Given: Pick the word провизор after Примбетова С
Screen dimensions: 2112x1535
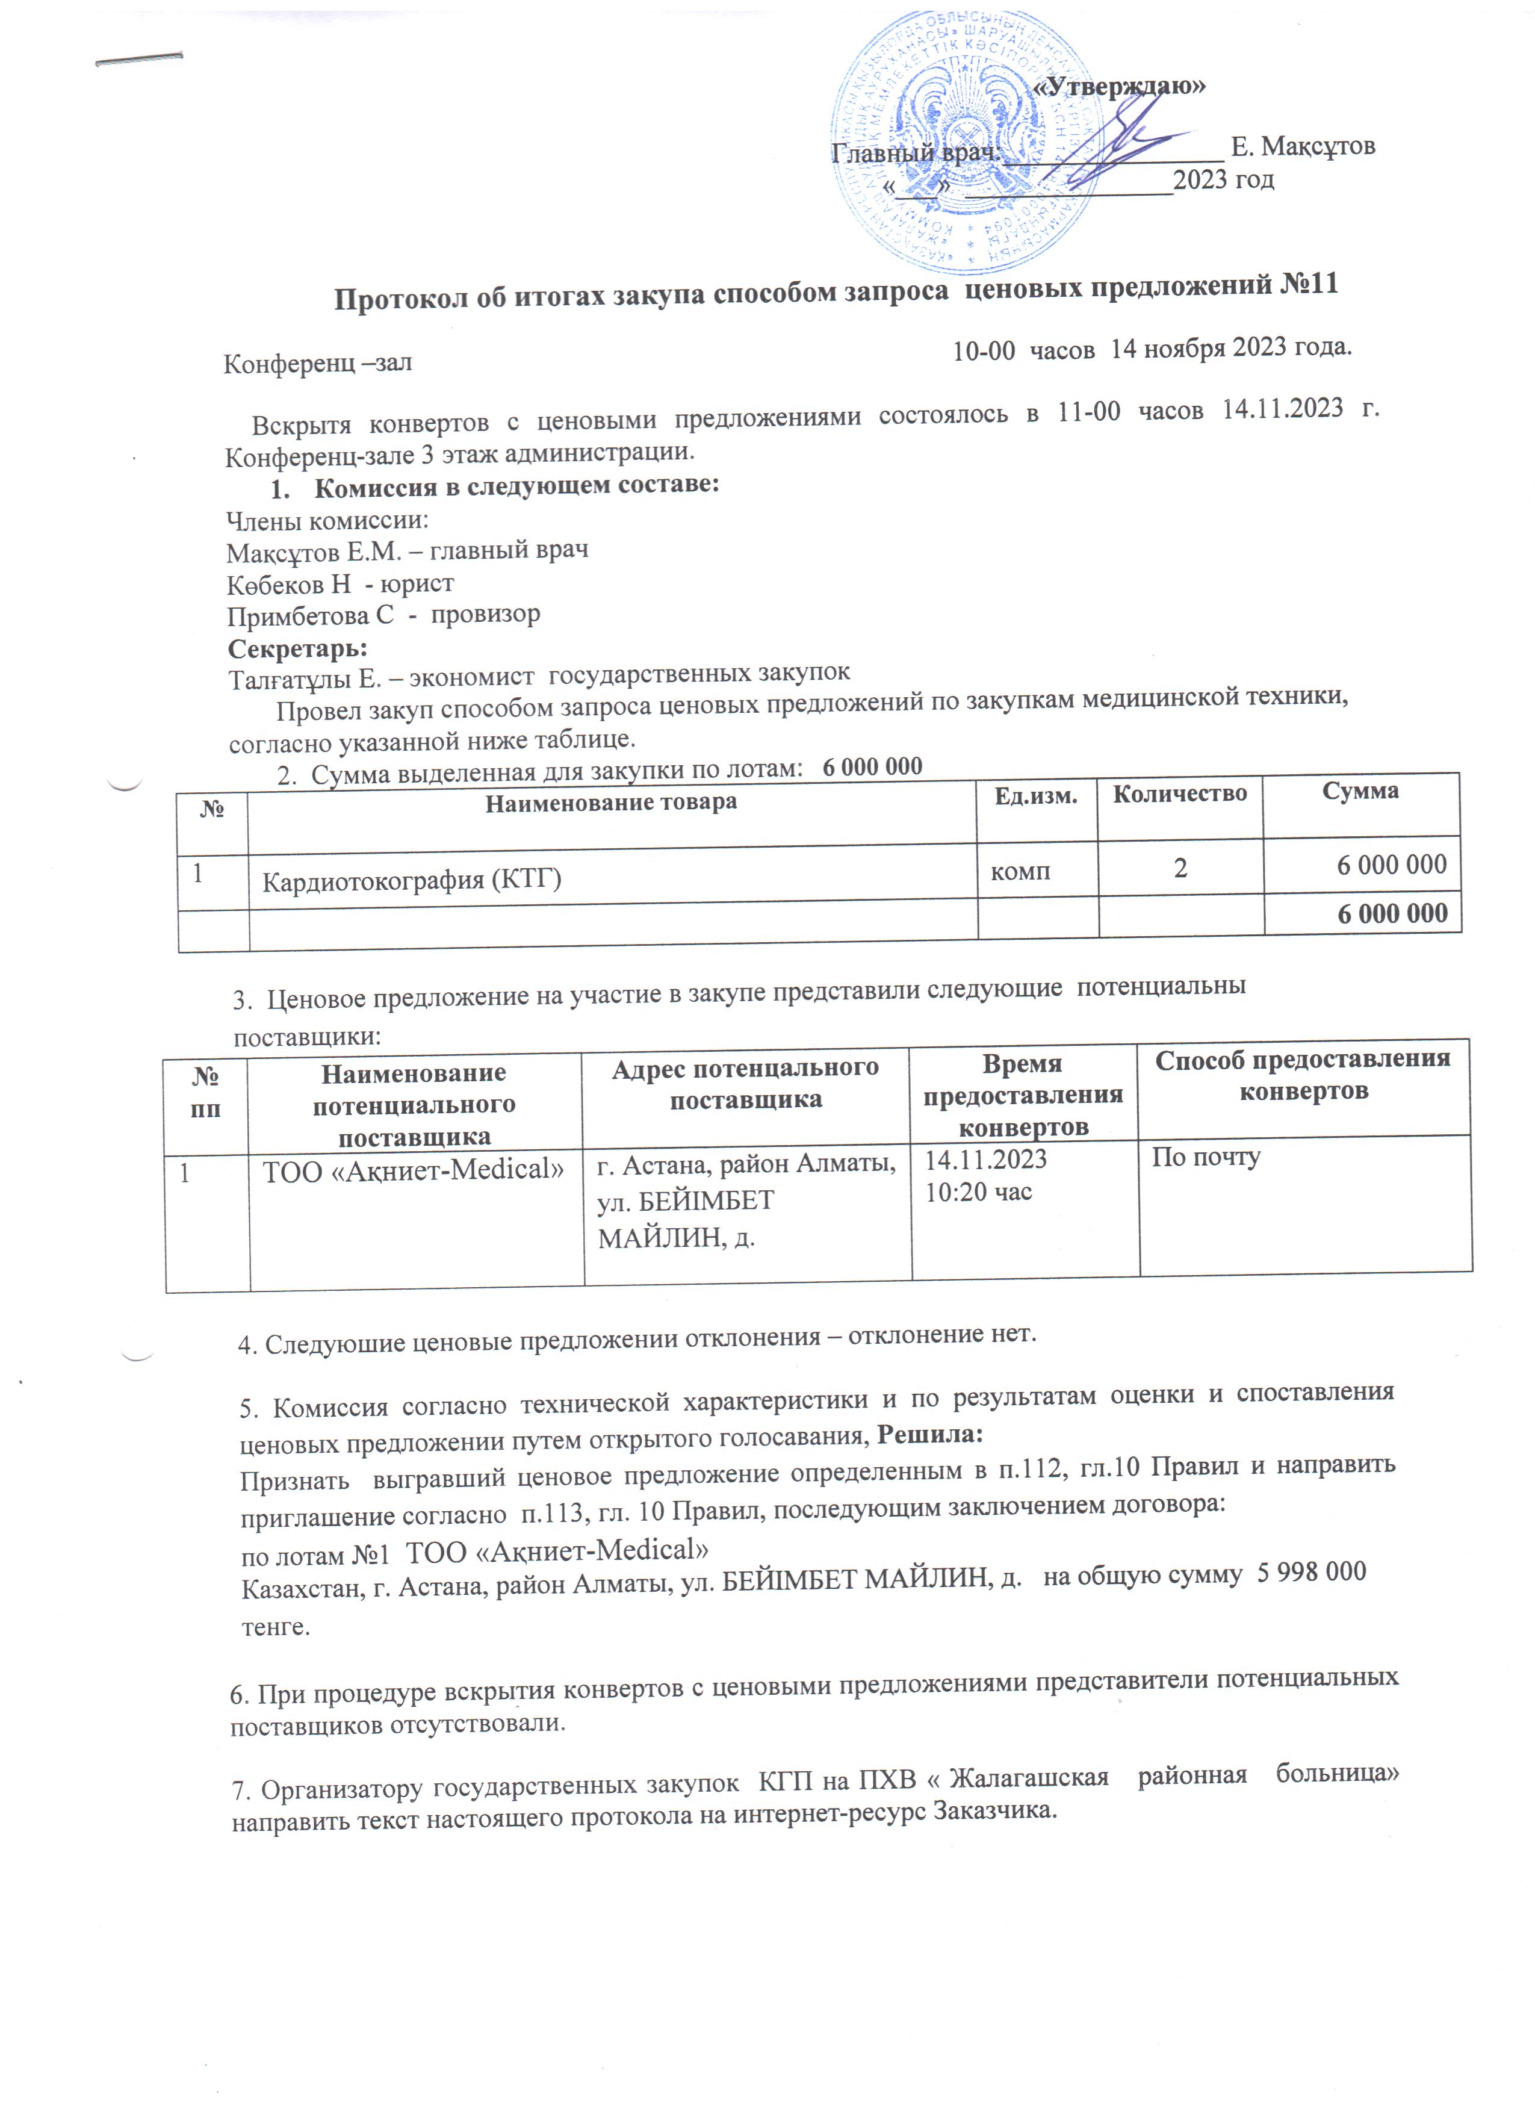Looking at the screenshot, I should tap(485, 615).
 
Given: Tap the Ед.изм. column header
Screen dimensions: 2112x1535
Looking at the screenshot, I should tap(1035, 796).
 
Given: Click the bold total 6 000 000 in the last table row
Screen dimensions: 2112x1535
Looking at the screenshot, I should tap(1392, 913).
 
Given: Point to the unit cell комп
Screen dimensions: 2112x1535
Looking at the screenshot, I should tap(1020, 872).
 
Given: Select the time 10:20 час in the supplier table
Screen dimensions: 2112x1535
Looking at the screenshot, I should tap(978, 1192).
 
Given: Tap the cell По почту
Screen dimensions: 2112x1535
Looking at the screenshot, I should tap(1206, 1158).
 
